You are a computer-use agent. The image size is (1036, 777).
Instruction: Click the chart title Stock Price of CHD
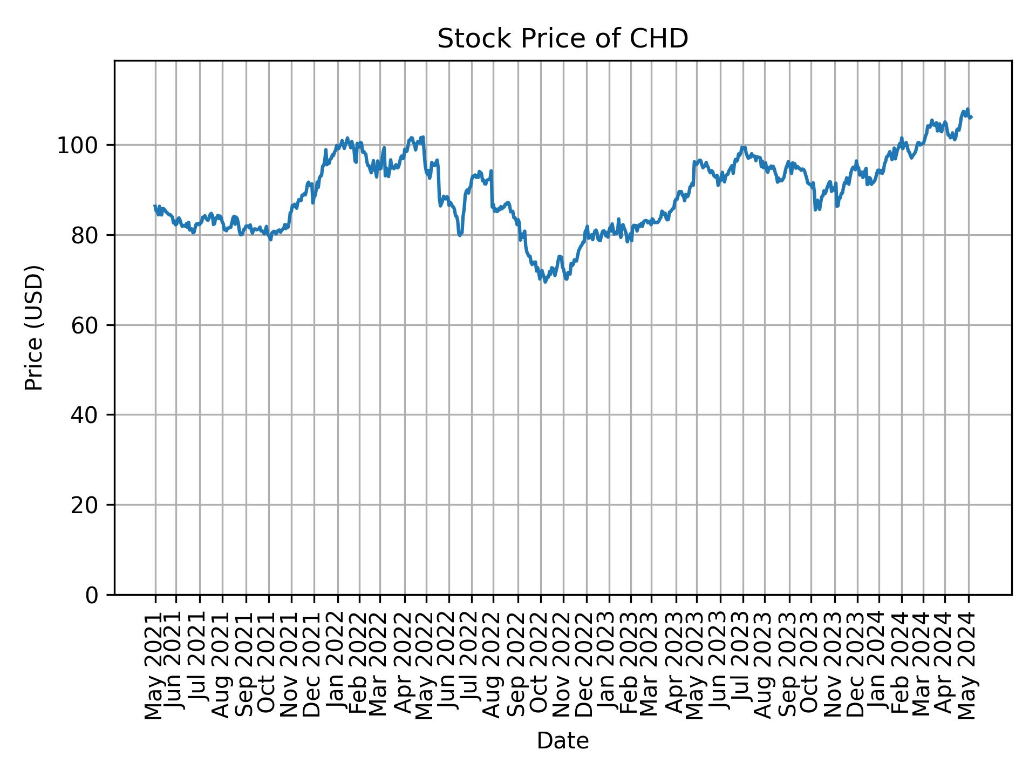[562, 39]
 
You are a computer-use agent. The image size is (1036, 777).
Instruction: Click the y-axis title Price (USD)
[34, 328]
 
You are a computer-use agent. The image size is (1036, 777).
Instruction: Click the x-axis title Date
[562, 741]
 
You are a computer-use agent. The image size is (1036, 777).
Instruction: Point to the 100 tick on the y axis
[81, 146]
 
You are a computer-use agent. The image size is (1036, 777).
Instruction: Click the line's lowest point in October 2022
[545, 282]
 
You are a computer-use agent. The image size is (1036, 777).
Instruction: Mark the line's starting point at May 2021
[155, 206]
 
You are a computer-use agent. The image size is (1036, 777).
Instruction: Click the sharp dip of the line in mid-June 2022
[460, 235]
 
